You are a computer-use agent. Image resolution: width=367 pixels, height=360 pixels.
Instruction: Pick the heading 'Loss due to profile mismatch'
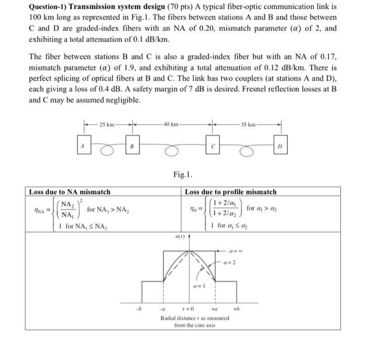pos(231,192)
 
